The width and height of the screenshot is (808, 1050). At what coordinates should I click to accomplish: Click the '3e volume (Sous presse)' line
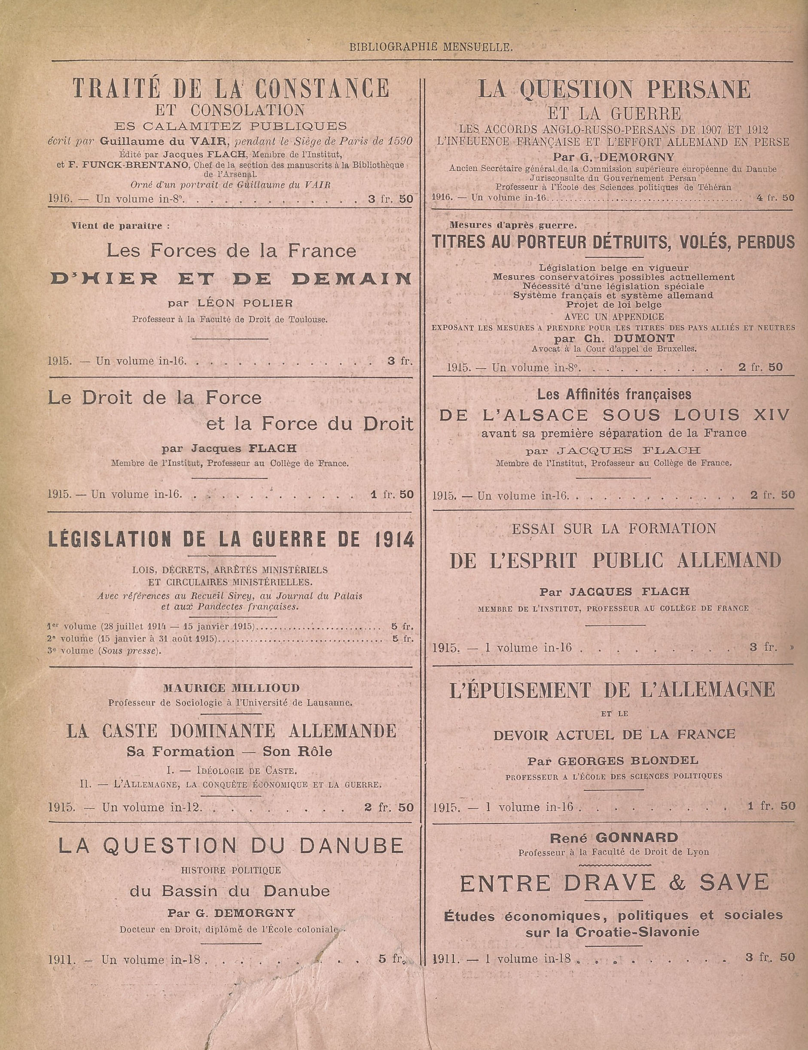[x=104, y=651]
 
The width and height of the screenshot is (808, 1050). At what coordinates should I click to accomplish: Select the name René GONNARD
[x=613, y=837]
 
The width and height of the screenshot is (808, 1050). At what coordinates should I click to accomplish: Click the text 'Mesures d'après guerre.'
[x=513, y=225]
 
